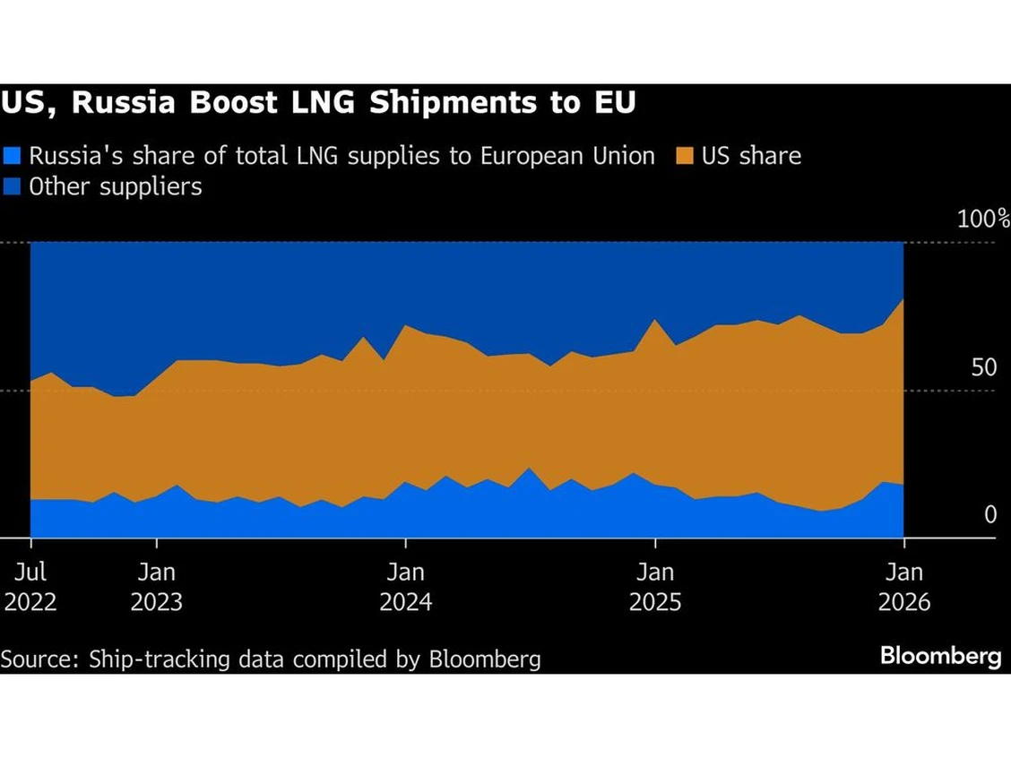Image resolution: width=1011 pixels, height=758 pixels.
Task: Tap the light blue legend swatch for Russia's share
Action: click(12, 156)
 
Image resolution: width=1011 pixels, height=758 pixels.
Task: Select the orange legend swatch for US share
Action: click(683, 156)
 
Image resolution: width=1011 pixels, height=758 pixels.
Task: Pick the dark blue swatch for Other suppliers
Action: click(12, 186)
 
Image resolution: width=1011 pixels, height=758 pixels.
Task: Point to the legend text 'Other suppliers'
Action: click(116, 186)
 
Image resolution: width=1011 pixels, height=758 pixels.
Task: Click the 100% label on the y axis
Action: click(983, 220)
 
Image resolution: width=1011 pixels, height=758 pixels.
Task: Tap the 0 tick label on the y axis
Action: click(989, 515)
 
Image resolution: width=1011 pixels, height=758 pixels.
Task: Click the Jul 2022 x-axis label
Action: click(30, 586)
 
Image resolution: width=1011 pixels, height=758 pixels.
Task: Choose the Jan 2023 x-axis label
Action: click(157, 586)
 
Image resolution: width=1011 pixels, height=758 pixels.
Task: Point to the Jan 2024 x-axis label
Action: click(406, 586)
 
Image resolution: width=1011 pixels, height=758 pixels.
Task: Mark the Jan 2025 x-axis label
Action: click(655, 586)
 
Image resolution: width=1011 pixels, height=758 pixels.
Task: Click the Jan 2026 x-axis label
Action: click(904, 586)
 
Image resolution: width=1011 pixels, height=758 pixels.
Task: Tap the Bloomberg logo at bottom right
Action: click(940, 656)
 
